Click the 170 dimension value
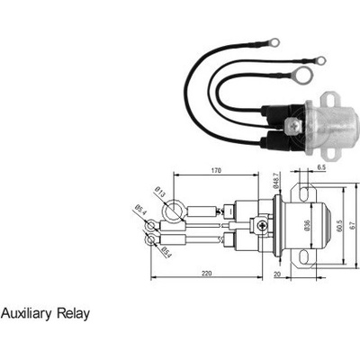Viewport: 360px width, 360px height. pos(216,170)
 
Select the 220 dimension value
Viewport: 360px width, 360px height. pos(206,274)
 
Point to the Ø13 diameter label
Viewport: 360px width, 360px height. pos(160,192)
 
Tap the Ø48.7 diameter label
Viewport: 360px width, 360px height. pos(276,180)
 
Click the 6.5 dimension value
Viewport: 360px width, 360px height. pos(321,167)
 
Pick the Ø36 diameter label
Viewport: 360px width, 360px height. pos(307,226)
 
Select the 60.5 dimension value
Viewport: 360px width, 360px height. pos(339,225)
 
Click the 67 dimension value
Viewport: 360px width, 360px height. pos(353,225)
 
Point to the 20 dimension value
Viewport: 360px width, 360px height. pos(276,274)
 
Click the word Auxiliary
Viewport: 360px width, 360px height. pos(26,314)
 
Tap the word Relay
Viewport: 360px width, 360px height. pos(74,314)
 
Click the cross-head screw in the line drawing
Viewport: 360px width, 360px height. pos(263,225)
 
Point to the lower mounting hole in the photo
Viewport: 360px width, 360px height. pos(329,152)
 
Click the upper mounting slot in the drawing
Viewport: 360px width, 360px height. pos(304,193)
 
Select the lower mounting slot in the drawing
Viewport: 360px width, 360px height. pos(304,257)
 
